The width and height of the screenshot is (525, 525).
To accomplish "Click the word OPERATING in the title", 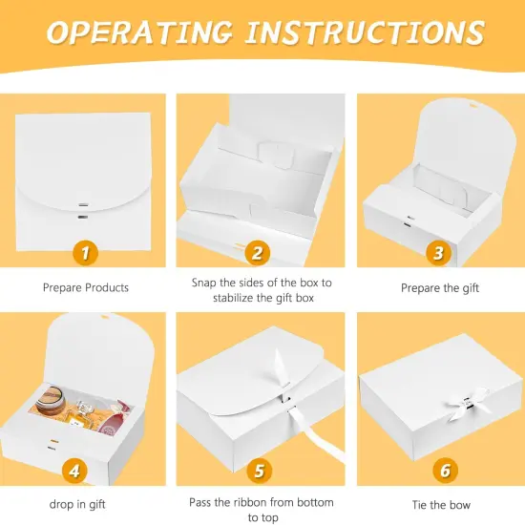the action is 139,32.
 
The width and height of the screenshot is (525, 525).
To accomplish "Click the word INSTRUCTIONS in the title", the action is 366,32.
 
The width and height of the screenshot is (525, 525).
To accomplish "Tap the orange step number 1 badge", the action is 85,253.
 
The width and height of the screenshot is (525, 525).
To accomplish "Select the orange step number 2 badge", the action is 258,253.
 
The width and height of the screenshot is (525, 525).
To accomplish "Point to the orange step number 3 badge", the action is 439,253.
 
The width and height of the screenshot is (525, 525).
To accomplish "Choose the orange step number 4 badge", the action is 74,471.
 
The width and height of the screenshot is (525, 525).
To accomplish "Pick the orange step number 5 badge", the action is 260,471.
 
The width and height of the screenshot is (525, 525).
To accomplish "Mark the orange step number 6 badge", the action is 446,470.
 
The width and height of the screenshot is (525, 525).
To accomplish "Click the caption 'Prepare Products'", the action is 86,287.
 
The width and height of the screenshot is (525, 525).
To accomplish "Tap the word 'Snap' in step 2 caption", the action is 204,283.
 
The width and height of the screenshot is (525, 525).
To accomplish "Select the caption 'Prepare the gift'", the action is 440,288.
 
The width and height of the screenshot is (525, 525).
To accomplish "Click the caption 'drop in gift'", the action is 77,505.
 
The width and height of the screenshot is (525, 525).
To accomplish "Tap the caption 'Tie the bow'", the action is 441,505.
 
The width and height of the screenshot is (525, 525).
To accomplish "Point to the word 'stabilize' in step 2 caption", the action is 233,298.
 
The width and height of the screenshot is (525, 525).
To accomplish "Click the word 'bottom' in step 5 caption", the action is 315,502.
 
